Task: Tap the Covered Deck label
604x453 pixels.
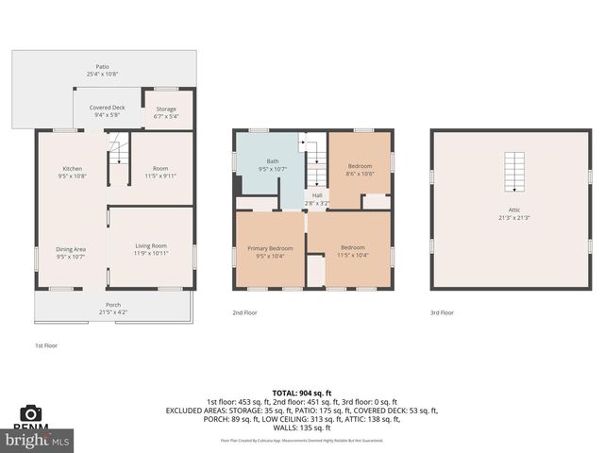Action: tap(107, 110)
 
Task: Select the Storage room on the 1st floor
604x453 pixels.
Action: tap(166, 112)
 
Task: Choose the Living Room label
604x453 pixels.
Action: tap(150, 248)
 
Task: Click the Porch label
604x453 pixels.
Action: tap(112, 308)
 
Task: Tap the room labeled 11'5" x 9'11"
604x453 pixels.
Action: tap(160, 172)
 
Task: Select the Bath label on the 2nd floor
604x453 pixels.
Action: tap(272, 165)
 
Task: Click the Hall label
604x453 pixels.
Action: tap(317, 198)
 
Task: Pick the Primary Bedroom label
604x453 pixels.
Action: tap(271, 251)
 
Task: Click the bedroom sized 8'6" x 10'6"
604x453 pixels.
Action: tap(361, 170)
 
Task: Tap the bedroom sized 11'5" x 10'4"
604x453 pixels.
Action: tap(354, 251)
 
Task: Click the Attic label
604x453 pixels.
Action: tap(513, 214)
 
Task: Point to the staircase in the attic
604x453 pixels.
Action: tap(513, 172)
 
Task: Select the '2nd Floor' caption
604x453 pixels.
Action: tap(245, 312)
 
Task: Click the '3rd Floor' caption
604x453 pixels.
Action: tap(442, 312)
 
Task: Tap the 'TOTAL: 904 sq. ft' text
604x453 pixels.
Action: tap(302, 393)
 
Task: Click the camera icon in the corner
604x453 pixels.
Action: tap(30, 414)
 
